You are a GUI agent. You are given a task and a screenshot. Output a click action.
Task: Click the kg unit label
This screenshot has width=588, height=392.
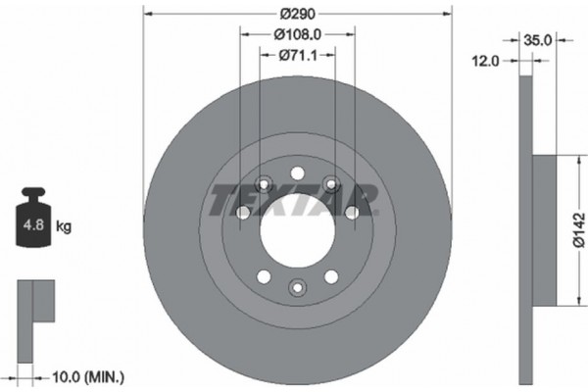64,227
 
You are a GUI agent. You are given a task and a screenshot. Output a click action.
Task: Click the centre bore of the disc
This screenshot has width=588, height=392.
298,220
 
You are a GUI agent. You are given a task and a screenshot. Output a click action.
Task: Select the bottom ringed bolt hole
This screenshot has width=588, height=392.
298,286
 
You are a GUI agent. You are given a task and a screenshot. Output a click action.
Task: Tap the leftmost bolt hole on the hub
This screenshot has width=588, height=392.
244,213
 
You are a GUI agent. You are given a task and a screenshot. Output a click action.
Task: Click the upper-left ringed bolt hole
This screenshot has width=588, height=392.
265,183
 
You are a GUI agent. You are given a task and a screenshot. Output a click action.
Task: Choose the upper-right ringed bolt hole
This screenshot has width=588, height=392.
331,183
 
